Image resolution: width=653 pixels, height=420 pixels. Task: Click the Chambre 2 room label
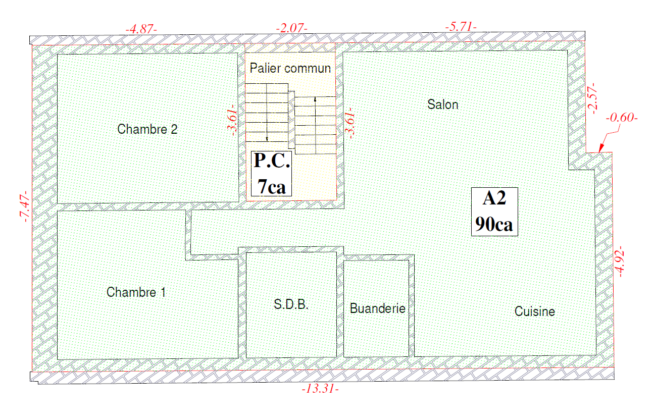coord(147,129)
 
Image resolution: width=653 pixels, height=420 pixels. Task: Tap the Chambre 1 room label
coord(136,292)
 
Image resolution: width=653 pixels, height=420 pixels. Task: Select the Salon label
coord(442,105)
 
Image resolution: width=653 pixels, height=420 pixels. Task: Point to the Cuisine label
coord(534,311)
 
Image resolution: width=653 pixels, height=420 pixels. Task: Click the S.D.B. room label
coord(291,304)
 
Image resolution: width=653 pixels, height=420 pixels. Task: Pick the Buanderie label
coord(377,308)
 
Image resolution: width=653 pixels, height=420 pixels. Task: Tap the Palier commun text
coord(290,69)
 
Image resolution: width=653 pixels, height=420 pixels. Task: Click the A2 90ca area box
coord(494,212)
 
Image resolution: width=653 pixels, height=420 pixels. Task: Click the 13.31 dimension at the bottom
coord(320,389)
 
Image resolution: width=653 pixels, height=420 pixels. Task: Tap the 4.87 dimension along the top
coord(141,29)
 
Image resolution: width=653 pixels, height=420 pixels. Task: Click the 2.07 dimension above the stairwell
coord(291,28)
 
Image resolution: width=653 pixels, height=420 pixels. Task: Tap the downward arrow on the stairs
coord(267,138)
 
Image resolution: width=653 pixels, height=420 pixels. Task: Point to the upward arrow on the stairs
coord(315,99)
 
